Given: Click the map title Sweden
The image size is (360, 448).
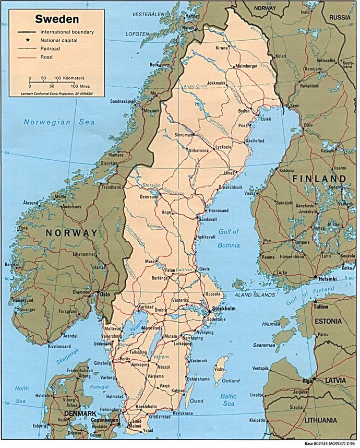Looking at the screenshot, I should [x=57, y=20].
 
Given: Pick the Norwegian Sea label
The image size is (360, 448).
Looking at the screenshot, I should [x=59, y=122].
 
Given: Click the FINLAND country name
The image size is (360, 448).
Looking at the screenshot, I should [x=319, y=179].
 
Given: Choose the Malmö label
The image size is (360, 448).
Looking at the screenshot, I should [x=135, y=426].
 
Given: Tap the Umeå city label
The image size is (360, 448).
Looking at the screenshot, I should [x=229, y=173].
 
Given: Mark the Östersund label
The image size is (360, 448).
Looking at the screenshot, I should [x=148, y=197].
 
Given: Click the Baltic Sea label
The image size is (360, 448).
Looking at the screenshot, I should [x=228, y=399].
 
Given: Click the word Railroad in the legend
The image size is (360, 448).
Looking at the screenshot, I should [x=51, y=49].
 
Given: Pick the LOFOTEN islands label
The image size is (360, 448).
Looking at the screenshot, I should [x=137, y=34].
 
